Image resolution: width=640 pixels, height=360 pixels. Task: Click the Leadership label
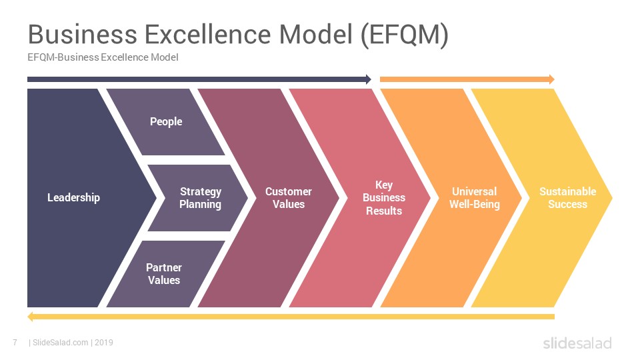[x=73, y=197]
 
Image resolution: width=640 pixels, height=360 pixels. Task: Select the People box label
[x=166, y=121]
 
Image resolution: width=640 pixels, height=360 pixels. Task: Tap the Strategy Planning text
[x=201, y=198]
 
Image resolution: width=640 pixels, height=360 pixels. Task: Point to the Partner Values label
[x=164, y=273]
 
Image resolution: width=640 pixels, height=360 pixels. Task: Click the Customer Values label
[x=289, y=197]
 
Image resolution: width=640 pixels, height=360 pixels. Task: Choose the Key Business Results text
[x=384, y=198]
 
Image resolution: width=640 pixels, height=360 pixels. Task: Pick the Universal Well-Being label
[x=474, y=198]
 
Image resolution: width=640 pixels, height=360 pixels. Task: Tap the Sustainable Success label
[x=568, y=197]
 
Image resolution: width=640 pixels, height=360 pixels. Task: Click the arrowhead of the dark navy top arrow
[x=369, y=79]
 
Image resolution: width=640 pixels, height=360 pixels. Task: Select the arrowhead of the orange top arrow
[x=552, y=79]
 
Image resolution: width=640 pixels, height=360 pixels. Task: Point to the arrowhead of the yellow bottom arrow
[x=30, y=317]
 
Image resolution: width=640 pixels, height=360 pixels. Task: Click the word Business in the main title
[x=83, y=34]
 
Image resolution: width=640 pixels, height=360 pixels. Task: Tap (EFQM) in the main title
[x=405, y=35]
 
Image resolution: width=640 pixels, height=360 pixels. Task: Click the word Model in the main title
[x=316, y=34]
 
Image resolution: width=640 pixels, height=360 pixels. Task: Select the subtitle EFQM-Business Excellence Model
[x=103, y=57]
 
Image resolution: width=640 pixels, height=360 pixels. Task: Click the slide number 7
[x=15, y=343]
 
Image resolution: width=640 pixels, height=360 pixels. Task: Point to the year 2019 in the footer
[x=104, y=343]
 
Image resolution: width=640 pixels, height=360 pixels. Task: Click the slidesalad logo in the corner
[x=577, y=343]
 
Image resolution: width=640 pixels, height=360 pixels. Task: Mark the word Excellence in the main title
[x=208, y=34]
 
